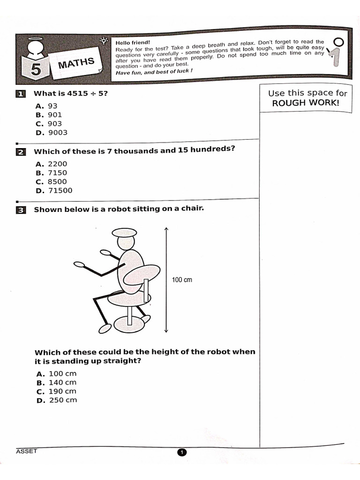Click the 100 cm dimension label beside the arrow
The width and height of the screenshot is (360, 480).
click(x=182, y=280)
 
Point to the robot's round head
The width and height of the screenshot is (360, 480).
click(x=126, y=243)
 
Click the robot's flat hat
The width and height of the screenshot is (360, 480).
click(x=124, y=232)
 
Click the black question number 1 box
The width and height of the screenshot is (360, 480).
click(x=20, y=94)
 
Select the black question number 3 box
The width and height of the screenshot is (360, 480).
click(x=20, y=210)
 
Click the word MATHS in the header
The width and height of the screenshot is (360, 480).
click(x=76, y=63)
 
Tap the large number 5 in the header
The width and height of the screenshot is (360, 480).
click(x=36, y=69)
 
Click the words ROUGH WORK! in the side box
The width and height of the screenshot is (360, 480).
click(x=305, y=103)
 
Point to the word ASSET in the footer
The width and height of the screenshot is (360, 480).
click(x=26, y=451)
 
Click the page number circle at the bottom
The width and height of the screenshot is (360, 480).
click(x=182, y=452)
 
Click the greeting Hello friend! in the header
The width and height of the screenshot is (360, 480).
click(x=133, y=43)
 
